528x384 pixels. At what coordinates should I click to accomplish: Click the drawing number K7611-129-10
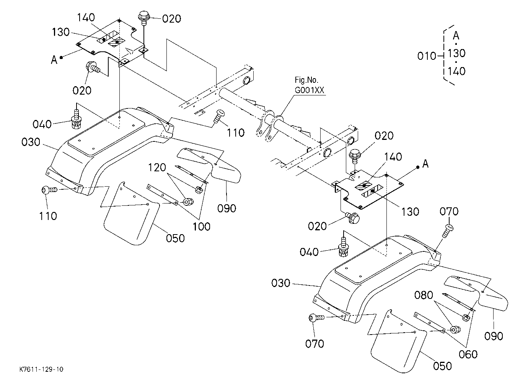[x=41, y=369]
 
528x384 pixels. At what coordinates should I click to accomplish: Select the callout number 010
[x=427, y=56]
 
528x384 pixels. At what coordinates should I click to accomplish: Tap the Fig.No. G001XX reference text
[x=309, y=85]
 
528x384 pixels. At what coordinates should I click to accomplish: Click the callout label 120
[x=157, y=167]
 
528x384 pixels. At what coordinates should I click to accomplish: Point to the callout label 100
[x=202, y=226]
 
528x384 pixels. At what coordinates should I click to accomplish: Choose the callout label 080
[x=424, y=295]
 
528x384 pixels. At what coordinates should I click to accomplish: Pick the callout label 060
[x=468, y=354]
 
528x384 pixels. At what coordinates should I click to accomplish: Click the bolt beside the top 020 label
[x=143, y=18]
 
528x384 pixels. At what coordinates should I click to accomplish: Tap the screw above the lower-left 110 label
[x=49, y=190]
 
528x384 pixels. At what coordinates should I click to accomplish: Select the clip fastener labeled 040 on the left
[x=76, y=119]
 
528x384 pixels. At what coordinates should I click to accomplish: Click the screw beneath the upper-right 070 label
[x=448, y=231]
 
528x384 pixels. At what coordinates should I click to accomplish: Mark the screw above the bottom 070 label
[x=316, y=318]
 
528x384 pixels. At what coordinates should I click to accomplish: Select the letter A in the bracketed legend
[x=456, y=36]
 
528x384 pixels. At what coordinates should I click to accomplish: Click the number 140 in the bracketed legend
[x=456, y=71]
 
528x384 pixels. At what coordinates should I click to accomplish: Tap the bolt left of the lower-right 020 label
[x=352, y=218]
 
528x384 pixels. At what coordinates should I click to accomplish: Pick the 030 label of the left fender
[x=31, y=142]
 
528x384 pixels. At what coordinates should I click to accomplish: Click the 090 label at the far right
[x=494, y=336]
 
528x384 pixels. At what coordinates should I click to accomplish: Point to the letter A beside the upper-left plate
[x=54, y=60]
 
